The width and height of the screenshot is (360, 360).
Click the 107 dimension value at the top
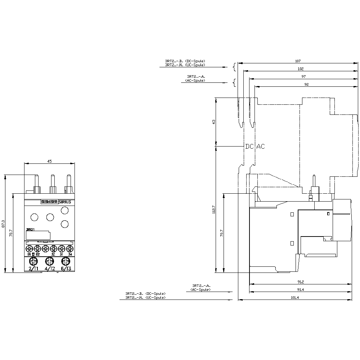tap(298, 61)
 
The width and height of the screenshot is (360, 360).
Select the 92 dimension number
tap(306, 84)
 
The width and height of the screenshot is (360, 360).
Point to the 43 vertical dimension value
tap(213, 122)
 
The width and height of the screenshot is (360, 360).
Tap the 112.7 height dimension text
tap(213, 210)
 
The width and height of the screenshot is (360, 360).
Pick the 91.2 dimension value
tap(300, 282)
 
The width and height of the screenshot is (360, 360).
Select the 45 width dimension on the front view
tap(49, 161)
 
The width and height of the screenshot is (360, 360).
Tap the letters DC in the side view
tap(249, 147)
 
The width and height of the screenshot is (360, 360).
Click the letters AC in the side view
tap(260, 147)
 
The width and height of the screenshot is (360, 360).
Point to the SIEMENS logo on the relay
tap(49, 202)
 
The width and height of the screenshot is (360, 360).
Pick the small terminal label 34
tap(70, 254)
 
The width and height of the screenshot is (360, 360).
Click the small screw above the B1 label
tap(29, 249)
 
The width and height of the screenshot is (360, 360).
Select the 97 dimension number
tap(303, 76)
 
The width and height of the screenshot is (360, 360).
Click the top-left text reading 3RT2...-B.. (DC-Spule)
tap(185, 61)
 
